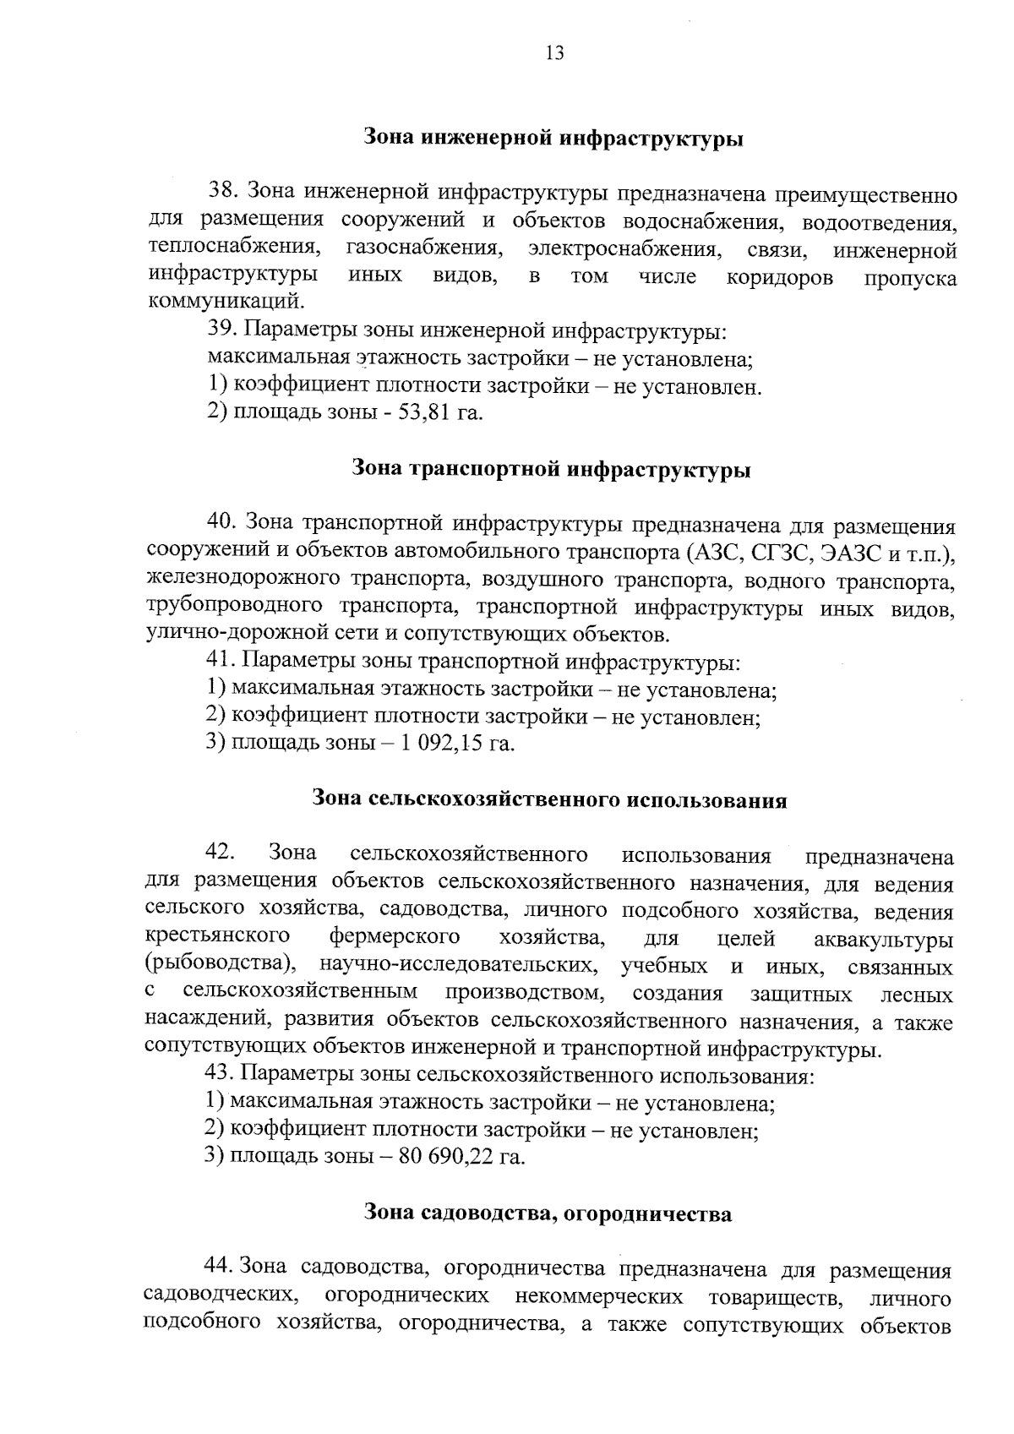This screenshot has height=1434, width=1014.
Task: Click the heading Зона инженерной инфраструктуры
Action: [553, 138]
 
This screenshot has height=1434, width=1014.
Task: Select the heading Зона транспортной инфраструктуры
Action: [551, 470]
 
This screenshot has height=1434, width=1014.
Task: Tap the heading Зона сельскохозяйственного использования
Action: [549, 799]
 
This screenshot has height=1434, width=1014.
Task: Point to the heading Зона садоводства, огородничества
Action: [548, 1214]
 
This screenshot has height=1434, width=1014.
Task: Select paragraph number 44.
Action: [221, 1267]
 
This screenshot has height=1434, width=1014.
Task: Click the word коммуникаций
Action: [225, 302]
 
